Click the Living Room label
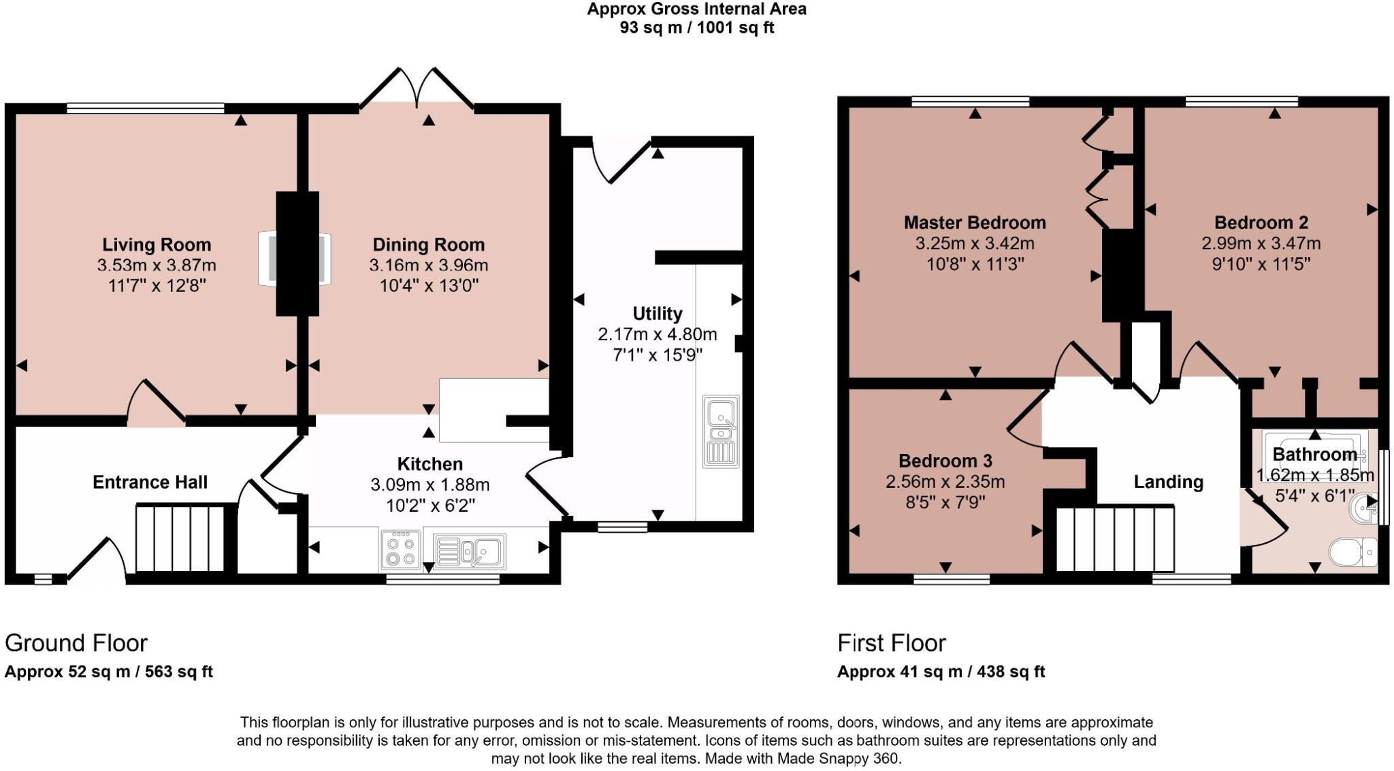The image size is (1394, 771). pos(157,245)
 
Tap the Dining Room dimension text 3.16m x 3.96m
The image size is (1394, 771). pos(428,265)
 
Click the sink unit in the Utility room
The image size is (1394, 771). pos(721,431)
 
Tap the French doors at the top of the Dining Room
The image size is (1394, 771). pos(417,89)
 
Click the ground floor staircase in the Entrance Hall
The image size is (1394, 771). pos(180,538)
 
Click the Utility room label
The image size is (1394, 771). pos(657,314)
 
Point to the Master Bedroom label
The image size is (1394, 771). pos(974,223)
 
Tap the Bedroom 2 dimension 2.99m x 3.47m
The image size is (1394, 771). pos(1261,244)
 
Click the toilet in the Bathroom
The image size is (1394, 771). pos(1354,552)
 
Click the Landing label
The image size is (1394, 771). pos(1168,482)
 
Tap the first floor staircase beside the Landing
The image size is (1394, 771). pos(1115,538)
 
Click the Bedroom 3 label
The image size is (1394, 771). pos(945,461)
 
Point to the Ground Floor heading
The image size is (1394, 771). pos(76,643)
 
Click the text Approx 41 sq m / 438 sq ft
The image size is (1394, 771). pos(941,672)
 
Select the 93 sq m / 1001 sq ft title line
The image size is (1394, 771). pos(696,28)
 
